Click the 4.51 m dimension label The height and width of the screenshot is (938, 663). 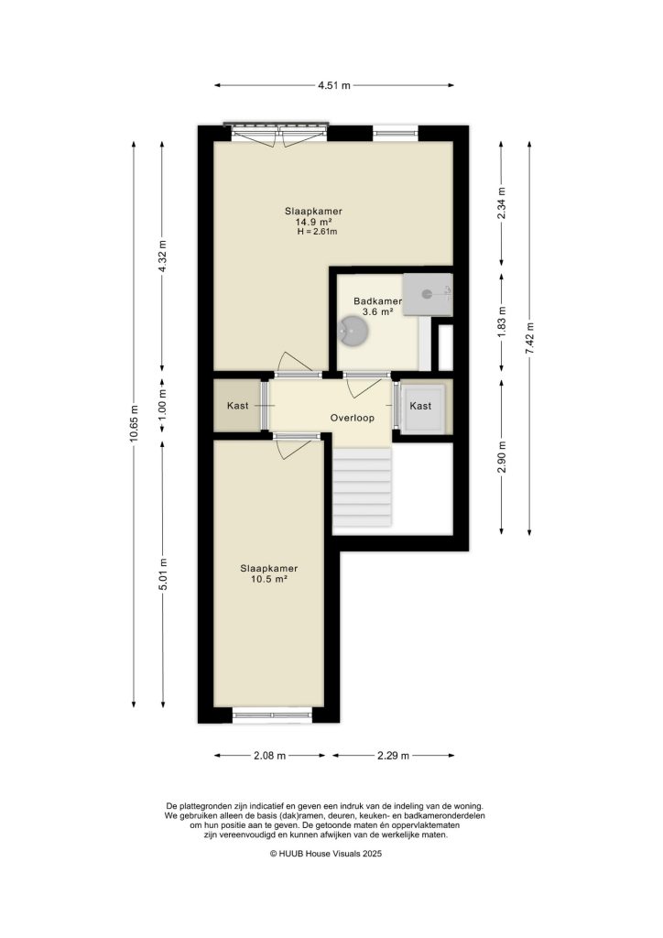(x=333, y=85)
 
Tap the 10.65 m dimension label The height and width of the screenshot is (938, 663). (x=134, y=424)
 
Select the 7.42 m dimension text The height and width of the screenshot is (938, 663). (x=529, y=338)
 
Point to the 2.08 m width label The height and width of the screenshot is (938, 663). (x=269, y=756)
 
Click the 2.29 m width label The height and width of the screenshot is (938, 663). (x=393, y=756)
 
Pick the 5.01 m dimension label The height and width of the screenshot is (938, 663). (x=163, y=574)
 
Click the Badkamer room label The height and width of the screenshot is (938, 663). (x=377, y=300)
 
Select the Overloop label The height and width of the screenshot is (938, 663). (x=353, y=418)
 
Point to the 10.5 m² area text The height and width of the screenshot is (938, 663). (x=269, y=579)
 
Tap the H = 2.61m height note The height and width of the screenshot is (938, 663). (x=317, y=232)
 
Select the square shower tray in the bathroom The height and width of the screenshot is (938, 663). (x=428, y=294)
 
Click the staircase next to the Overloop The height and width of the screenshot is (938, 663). (x=363, y=487)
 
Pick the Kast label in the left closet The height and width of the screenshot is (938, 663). (x=238, y=406)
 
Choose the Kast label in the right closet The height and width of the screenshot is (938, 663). (x=420, y=406)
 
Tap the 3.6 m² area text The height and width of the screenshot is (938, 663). (x=378, y=311)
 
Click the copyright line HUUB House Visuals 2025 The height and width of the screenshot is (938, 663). (x=326, y=854)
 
